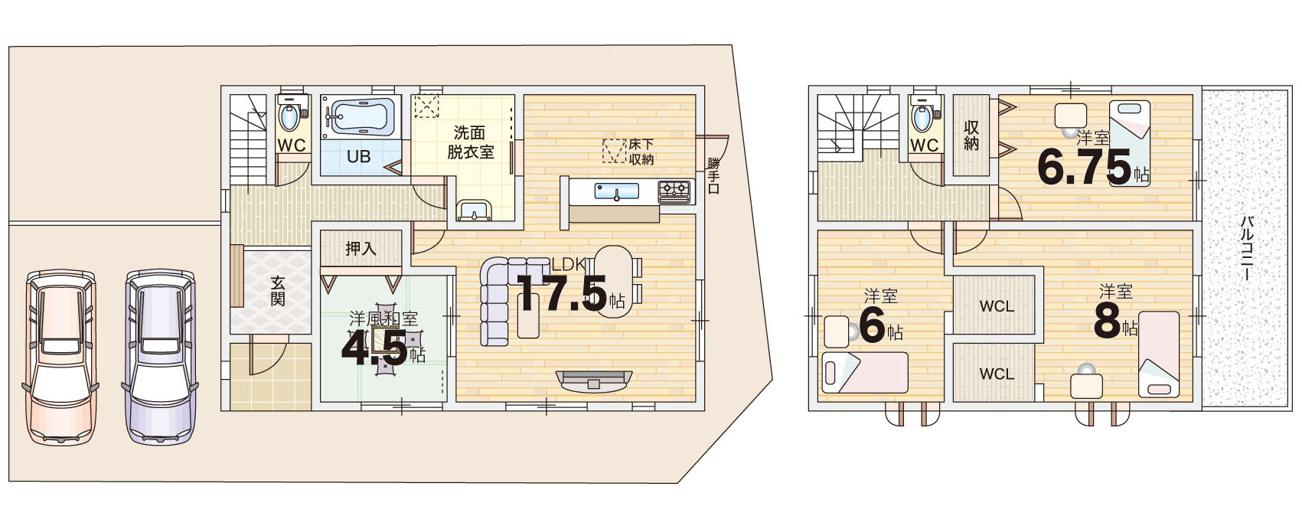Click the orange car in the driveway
coord(60,357)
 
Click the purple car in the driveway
coord(160,357)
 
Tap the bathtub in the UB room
coord(361,116)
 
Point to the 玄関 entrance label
coord(278,291)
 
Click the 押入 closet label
coord(361,249)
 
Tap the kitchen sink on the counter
coord(617,191)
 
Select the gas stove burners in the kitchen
coord(675,191)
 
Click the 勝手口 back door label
coord(714,175)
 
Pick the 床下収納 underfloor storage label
coord(641,151)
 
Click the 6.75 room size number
coord(1085,167)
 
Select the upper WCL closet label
coord(997,305)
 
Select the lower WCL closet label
coord(997,374)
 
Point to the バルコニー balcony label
coord(1246,249)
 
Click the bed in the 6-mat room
coord(865,373)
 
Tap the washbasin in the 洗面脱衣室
coord(475,210)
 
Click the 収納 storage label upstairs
coord(971,136)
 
